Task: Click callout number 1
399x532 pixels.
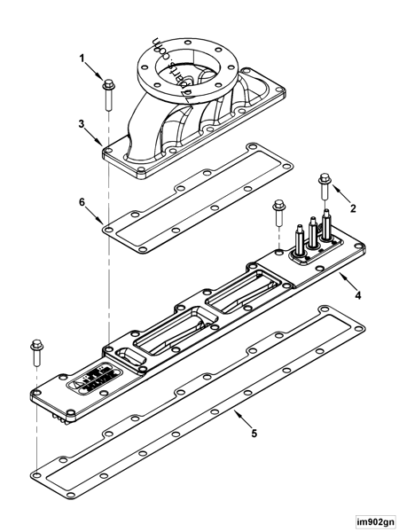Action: (x=83, y=59)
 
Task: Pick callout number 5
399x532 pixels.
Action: (x=254, y=434)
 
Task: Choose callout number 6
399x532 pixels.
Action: (x=83, y=202)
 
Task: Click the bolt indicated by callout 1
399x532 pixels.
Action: (x=108, y=92)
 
